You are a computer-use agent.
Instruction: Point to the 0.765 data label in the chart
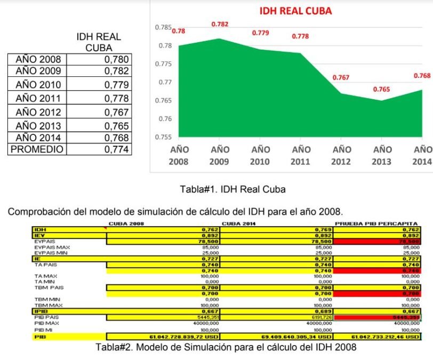tap(381, 89)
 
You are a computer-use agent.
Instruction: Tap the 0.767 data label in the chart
tap(341, 77)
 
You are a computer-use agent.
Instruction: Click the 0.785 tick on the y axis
tap(163, 27)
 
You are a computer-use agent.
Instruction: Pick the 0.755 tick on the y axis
tap(163, 137)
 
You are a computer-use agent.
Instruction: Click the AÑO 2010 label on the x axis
tap(260, 155)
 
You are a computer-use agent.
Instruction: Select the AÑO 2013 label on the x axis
tap(381, 155)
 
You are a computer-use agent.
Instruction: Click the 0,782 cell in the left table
tap(116, 71)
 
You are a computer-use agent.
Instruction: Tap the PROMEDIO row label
tap(37, 149)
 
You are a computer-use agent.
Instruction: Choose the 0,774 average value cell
tap(116, 149)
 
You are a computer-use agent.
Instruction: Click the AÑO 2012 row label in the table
tap(38, 113)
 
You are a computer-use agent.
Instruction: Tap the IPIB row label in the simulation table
tap(41, 310)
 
